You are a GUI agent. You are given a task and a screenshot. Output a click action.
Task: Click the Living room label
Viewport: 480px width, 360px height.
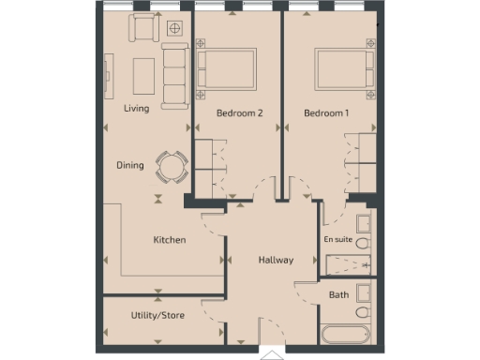pyautogui.click(x=137, y=109)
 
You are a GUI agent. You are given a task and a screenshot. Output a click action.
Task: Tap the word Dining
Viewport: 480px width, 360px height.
pyautogui.click(x=130, y=166)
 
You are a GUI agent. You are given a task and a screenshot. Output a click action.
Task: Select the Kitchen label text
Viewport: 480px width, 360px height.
pyautogui.click(x=170, y=240)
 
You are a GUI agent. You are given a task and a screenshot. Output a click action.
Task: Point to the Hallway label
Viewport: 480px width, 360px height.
pyautogui.click(x=277, y=261)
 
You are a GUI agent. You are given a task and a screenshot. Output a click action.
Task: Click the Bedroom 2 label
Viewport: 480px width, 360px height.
pyautogui.click(x=239, y=113)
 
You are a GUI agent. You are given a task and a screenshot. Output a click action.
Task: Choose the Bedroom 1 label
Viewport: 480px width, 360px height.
pyautogui.click(x=326, y=113)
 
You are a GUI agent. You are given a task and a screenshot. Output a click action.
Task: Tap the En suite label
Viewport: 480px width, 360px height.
pyautogui.click(x=337, y=240)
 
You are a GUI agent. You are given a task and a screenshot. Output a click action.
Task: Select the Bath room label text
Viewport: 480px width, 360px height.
pyautogui.click(x=338, y=295)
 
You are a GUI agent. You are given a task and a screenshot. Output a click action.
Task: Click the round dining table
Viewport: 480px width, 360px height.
pyautogui.click(x=171, y=167)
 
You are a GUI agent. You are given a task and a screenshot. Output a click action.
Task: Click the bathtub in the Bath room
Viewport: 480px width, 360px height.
pyautogui.click(x=347, y=333)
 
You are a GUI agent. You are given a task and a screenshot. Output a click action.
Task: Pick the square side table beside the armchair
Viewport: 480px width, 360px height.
pyautogui.click(x=173, y=28)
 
